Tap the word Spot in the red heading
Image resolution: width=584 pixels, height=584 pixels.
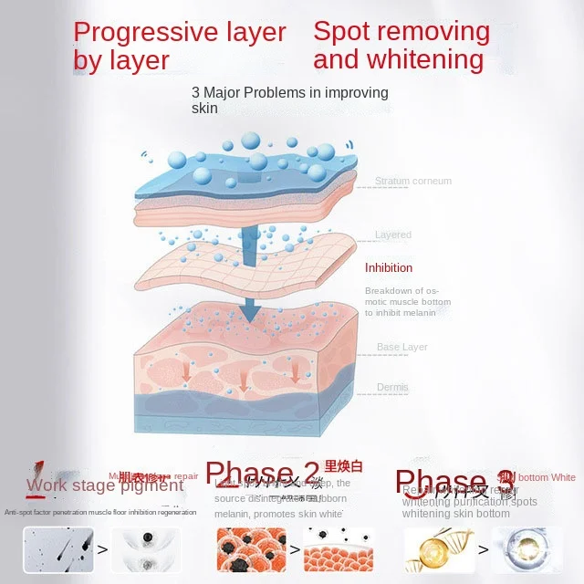(x=339, y=31)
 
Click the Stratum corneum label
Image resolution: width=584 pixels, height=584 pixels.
(x=412, y=181)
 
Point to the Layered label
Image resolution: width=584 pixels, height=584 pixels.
(x=392, y=235)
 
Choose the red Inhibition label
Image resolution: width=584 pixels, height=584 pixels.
(x=389, y=267)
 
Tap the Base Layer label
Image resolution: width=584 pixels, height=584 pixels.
(x=401, y=347)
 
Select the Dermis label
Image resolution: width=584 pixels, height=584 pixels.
(x=392, y=388)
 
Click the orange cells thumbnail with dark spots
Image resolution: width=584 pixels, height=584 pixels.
(x=245, y=549)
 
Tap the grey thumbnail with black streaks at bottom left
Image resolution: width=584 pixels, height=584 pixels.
(x=56, y=549)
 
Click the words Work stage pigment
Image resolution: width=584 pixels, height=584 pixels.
(x=105, y=485)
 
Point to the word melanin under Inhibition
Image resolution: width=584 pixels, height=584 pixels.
(x=417, y=312)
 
